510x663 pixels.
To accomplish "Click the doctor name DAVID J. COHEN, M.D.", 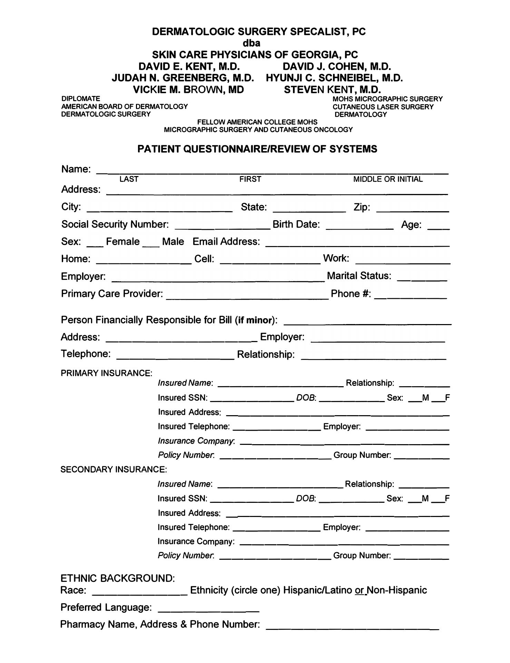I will [336, 66].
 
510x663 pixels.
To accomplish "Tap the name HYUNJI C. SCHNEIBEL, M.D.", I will [334, 78].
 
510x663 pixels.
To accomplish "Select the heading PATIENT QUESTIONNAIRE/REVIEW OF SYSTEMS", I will [257, 149].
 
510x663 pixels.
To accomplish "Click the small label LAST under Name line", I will [129, 179].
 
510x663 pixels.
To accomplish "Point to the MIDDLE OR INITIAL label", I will [388, 179].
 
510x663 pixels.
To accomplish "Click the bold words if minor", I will [255, 320].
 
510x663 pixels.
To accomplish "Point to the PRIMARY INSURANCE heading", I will [106, 373].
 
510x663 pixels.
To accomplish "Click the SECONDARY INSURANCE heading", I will [114, 469].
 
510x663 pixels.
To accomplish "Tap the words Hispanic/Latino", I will [317, 590].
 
